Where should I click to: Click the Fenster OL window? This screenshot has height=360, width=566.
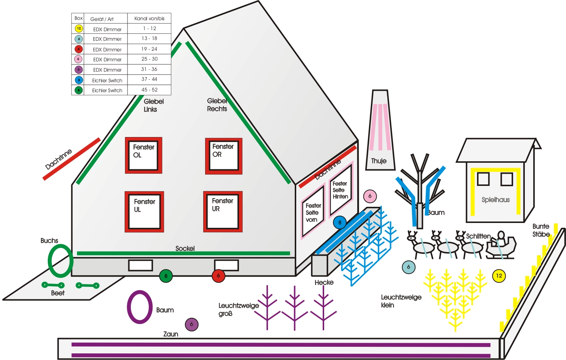(143, 155)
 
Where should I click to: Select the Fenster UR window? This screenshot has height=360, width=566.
(223, 212)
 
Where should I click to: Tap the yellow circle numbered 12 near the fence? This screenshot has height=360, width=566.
(499, 276)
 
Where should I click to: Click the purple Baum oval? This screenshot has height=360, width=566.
(140, 307)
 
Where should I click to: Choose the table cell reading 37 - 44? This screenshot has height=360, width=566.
(149, 79)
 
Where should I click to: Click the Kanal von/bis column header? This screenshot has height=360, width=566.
(149, 18)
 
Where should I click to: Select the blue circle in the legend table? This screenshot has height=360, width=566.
(79, 80)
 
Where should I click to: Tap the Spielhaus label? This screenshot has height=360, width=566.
(495, 200)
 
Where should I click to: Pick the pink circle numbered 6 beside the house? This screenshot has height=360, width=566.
(370, 196)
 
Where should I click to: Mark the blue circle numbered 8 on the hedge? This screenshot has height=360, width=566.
(340, 222)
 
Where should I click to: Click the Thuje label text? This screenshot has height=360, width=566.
(379, 161)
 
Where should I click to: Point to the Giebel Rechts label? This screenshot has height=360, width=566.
(217, 105)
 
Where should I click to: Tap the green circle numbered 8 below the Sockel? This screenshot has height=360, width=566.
(166, 276)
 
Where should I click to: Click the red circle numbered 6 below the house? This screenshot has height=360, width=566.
(218, 276)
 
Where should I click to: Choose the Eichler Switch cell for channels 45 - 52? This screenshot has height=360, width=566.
(107, 90)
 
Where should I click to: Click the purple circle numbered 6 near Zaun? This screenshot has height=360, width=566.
(191, 324)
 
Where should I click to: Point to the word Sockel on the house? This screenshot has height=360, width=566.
(185, 248)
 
